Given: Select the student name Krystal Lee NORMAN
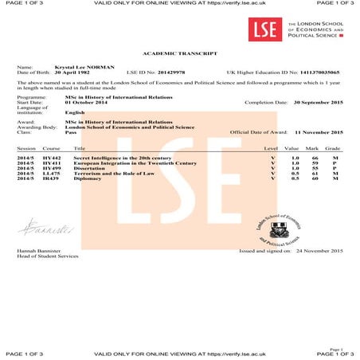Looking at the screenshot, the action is [x=84, y=67].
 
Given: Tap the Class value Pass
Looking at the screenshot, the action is [x=71, y=131].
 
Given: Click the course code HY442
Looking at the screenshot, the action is [x=51, y=158].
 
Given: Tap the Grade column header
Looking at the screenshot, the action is [x=333, y=148].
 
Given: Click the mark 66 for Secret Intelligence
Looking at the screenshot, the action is [x=314, y=158].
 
